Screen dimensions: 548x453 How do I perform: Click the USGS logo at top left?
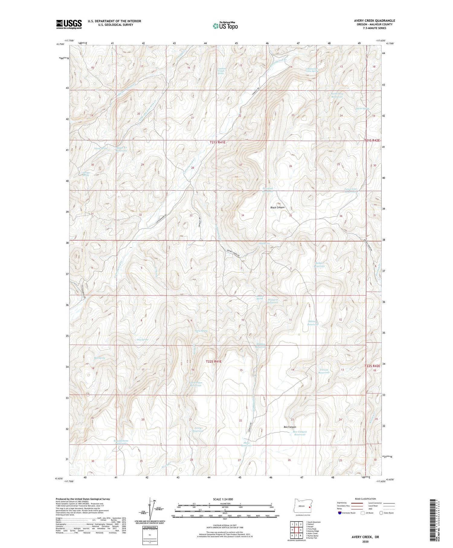(x=69, y=24)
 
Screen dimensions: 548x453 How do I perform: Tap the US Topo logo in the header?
(x=225, y=26)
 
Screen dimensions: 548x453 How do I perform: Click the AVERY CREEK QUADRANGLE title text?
(x=374, y=21)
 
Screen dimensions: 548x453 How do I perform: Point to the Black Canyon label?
(x=277, y=208)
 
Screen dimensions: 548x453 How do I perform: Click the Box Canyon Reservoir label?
(x=300, y=433)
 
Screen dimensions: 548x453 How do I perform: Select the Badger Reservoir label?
(x=320, y=264)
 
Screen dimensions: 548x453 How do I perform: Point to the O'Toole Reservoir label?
(x=323, y=371)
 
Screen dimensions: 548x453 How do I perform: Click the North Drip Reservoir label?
(x=337, y=95)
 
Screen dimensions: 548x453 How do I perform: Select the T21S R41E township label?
(x=218, y=142)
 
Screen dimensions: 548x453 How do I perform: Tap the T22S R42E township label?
(x=372, y=366)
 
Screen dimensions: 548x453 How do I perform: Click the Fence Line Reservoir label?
(x=350, y=190)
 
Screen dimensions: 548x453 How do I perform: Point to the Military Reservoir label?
(x=313, y=323)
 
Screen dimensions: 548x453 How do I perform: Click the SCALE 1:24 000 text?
(x=225, y=499)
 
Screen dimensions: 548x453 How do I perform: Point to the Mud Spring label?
(x=99, y=358)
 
